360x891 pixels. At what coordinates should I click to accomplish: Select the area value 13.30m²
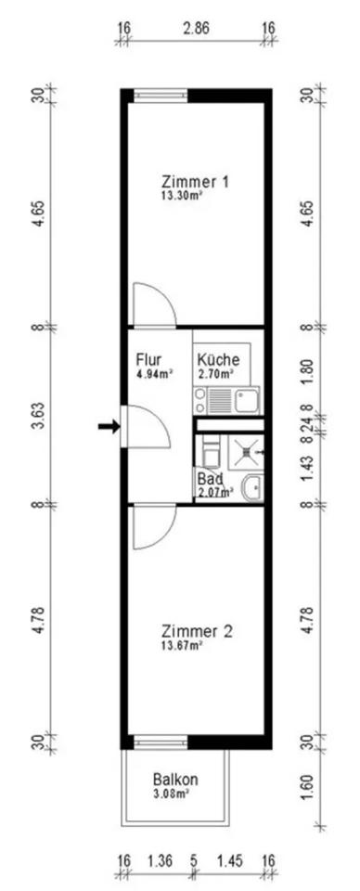[x=183, y=196]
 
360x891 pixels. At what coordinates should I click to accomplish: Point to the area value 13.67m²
[x=183, y=645]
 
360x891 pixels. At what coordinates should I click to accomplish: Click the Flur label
[x=149, y=360]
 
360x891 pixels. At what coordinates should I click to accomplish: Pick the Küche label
[x=218, y=360]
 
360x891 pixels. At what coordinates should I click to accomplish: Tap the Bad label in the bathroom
[x=208, y=477]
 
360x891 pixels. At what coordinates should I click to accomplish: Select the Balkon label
[x=175, y=779]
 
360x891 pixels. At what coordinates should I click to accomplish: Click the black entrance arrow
[x=109, y=426]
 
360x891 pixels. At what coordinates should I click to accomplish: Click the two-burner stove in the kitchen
[x=199, y=399]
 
